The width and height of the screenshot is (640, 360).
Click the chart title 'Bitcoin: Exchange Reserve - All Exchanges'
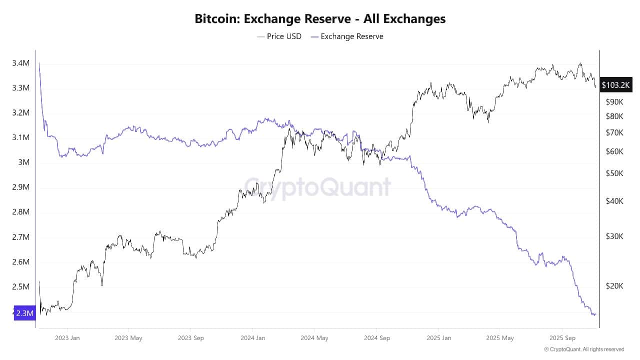pos(320,19)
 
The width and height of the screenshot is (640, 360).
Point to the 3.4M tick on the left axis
pos(20,63)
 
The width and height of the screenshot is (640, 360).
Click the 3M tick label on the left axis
pos(24,162)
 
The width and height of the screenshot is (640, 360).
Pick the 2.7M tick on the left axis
pos(20,237)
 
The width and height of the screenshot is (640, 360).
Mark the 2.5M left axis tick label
pos(20,287)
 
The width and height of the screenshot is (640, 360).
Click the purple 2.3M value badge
pos(25,313)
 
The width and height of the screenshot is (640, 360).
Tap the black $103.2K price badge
pos(615,85)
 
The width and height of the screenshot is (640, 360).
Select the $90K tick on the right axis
pos(614,102)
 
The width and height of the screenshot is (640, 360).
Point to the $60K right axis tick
pos(614,151)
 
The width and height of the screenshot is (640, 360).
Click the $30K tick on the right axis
pos(614,236)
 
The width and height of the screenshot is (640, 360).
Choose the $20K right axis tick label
pos(614,286)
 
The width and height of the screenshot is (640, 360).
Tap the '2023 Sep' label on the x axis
pos(191,337)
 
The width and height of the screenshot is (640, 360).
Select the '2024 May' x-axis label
pos(314,337)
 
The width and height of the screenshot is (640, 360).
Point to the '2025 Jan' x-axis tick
pos(439,337)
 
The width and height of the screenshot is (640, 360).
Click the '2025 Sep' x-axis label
pos(562,337)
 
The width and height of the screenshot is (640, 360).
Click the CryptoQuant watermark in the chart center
pos(317,186)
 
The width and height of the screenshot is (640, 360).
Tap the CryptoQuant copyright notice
pos(584,349)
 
